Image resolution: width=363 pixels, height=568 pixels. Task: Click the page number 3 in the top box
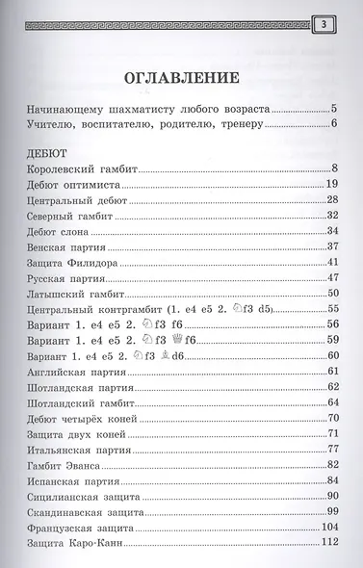[324, 23]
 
